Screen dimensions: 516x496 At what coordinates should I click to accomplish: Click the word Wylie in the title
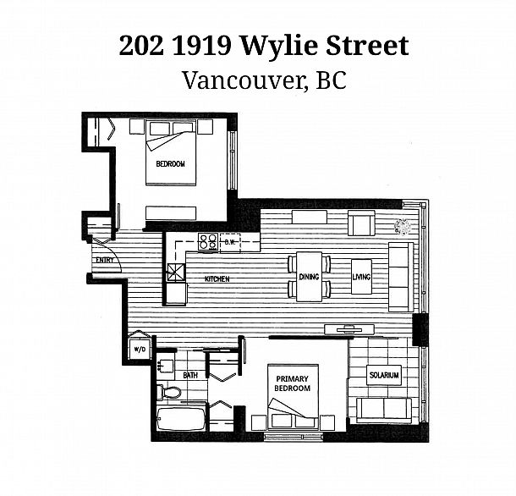tap(280, 46)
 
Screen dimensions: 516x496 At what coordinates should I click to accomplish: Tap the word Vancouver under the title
tap(243, 80)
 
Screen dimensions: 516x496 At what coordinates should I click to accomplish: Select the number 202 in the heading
tap(141, 46)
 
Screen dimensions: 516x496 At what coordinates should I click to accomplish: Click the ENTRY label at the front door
tap(105, 260)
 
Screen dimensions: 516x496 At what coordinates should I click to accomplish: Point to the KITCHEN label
tap(217, 279)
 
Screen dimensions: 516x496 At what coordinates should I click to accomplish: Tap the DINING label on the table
tap(309, 277)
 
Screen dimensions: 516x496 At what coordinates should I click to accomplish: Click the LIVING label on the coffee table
tap(361, 277)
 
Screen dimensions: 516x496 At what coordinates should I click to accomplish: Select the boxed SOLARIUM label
tap(384, 375)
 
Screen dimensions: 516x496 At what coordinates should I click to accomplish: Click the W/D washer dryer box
tap(140, 350)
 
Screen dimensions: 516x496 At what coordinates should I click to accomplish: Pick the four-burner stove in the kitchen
tap(208, 242)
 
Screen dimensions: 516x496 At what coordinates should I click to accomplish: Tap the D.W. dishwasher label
tap(230, 242)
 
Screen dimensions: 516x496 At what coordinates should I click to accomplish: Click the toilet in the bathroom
tap(168, 392)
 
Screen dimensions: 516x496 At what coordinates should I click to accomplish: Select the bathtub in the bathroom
tap(181, 419)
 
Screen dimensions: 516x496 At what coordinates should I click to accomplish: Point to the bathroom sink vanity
tap(165, 366)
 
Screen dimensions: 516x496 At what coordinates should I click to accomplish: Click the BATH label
tap(190, 375)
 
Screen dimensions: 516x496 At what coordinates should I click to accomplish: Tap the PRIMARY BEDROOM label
tap(292, 383)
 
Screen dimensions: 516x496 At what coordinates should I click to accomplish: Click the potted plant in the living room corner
tap(403, 227)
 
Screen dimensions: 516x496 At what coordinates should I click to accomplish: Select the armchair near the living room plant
tap(361, 223)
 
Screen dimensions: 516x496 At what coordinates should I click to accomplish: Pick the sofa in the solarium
tap(384, 410)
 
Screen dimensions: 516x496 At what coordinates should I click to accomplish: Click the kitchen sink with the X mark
tap(176, 272)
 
